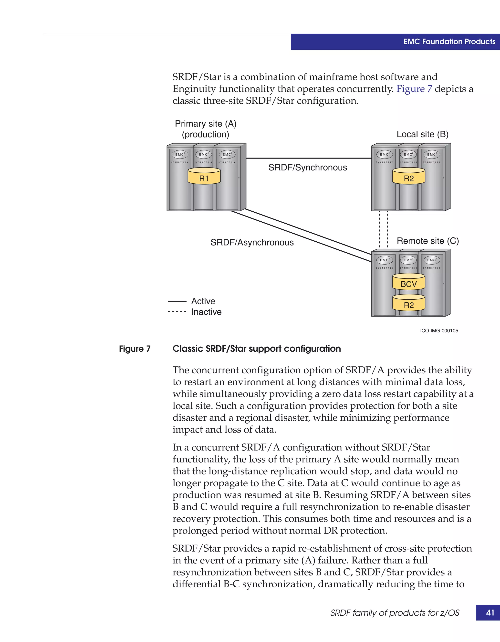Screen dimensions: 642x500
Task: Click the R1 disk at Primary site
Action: click(x=204, y=176)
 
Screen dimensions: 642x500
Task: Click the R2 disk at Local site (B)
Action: click(x=408, y=176)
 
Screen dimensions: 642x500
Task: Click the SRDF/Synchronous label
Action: click(x=308, y=168)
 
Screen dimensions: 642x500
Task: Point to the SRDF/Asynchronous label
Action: click(x=252, y=243)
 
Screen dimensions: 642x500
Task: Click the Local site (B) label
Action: click(x=422, y=134)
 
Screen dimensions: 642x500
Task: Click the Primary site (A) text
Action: click(x=205, y=124)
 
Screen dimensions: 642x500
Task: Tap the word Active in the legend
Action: click(x=203, y=301)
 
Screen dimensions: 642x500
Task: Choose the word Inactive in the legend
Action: click(x=206, y=312)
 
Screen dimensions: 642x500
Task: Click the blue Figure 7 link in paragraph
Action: click(x=414, y=89)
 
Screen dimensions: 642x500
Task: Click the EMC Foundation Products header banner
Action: click(x=449, y=42)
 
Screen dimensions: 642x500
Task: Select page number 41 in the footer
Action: click(x=490, y=612)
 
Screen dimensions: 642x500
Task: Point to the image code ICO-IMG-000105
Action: click(x=439, y=331)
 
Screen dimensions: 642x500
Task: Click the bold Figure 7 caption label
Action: click(x=135, y=349)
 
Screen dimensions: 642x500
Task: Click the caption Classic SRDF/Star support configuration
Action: click(x=256, y=349)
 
